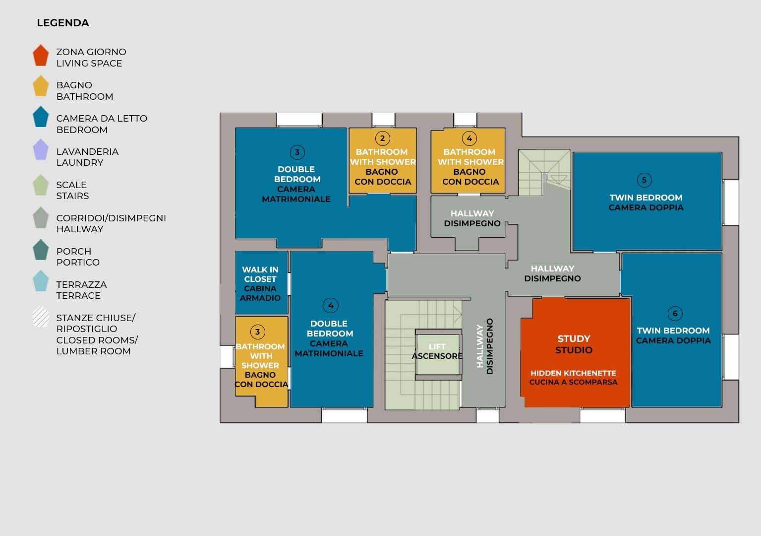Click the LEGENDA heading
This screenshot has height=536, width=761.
[x=63, y=23]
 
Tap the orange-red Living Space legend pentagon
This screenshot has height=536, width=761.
[x=41, y=56]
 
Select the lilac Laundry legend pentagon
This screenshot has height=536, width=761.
[x=41, y=149]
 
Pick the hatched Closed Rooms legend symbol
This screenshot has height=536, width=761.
[x=41, y=317]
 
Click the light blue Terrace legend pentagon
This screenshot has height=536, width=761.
[x=41, y=281]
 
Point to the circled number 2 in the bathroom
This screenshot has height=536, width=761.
[x=383, y=138]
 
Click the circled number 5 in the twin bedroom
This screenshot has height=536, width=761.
[x=644, y=180]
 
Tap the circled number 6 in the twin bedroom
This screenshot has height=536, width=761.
[x=675, y=314]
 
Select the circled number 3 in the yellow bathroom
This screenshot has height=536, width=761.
[x=257, y=332]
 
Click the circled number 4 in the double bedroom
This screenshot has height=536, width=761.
[x=331, y=305]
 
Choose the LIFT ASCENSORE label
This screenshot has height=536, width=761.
[x=437, y=351]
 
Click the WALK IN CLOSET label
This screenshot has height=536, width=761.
[x=260, y=274]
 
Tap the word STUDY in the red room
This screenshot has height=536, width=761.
[x=574, y=339]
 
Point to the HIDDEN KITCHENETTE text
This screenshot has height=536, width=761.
[x=574, y=373]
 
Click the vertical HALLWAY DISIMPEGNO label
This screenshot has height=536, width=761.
[x=485, y=346]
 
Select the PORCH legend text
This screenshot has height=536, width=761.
[x=74, y=251]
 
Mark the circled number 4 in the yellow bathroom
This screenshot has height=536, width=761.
[x=469, y=138]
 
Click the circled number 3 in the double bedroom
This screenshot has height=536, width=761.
[x=297, y=152]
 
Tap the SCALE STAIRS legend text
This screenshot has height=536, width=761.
[x=72, y=191]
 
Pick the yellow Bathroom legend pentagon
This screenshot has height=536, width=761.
[x=41, y=86]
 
